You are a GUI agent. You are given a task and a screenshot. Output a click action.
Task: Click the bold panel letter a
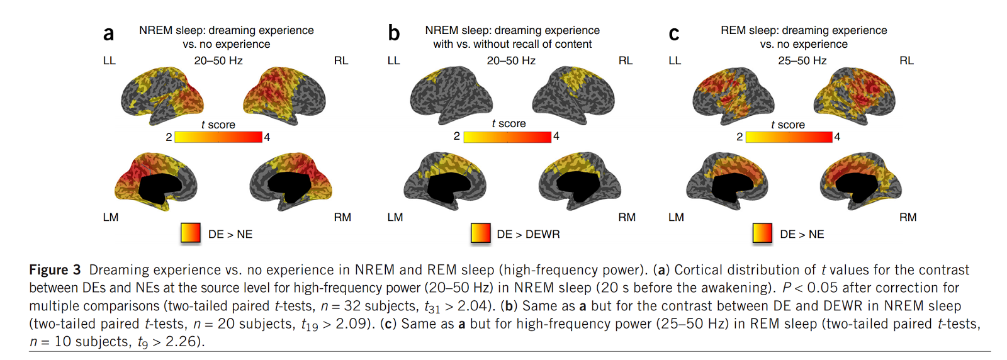point(109,33)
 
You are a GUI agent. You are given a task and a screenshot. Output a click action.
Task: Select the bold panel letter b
point(393,33)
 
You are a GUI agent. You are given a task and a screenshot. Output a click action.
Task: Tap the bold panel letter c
point(673,33)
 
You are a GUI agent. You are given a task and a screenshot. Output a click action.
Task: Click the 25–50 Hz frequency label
point(802,60)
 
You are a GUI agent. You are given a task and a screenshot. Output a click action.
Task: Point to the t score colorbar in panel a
point(218,137)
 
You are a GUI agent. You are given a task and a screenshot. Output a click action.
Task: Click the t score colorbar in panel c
point(789,137)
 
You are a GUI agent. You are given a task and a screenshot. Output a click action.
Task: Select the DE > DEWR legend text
point(528,234)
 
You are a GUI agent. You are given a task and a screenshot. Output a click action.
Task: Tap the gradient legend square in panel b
point(481,233)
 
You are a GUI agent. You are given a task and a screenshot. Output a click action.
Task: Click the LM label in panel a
point(111,217)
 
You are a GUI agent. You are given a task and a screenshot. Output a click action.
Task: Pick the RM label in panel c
point(908,217)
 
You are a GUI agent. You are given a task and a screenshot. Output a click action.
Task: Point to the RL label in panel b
point(625,60)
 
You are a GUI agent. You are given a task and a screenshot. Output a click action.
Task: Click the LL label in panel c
point(675,60)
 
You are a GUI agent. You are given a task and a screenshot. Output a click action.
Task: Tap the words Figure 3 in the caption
point(55,270)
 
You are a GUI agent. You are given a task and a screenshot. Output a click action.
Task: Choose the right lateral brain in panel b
point(573,94)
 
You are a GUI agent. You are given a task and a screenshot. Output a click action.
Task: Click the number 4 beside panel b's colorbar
point(556,136)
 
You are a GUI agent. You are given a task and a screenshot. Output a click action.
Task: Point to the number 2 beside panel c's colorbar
point(740,137)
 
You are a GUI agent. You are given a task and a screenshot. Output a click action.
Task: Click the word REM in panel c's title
point(733,30)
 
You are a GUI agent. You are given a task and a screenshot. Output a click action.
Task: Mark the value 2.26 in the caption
point(183,342)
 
